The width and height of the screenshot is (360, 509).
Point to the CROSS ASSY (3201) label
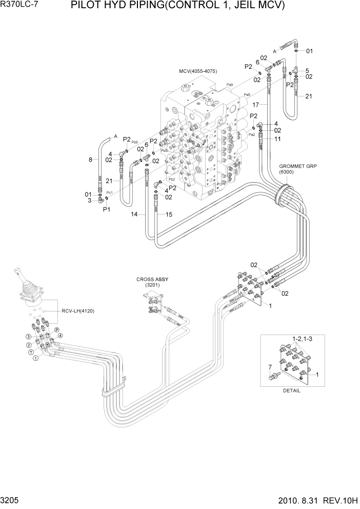pos(152,282)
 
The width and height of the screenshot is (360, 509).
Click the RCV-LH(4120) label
pos(78,311)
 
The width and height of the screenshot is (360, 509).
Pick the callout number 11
pos(277,139)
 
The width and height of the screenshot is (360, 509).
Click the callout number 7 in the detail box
pos(270,367)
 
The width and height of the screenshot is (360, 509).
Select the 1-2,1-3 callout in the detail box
pos(302,340)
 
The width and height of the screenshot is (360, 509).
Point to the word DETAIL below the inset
pos(291,390)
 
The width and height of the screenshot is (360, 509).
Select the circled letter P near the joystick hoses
pos(57,329)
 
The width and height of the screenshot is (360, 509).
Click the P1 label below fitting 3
pos(107,209)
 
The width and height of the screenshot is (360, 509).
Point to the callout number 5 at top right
pos(307,70)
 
